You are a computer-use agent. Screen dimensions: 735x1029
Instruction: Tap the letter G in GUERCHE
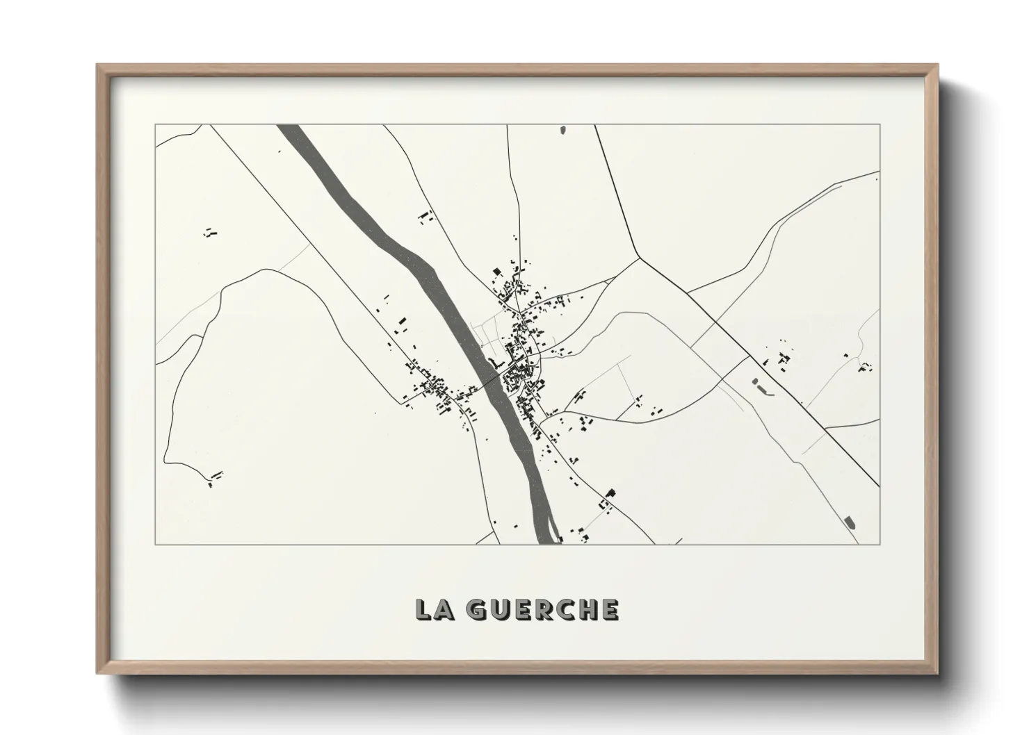(x=476, y=609)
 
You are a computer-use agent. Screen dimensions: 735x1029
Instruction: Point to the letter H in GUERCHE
(x=588, y=609)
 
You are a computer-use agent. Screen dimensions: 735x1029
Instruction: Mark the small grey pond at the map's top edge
(x=563, y=129)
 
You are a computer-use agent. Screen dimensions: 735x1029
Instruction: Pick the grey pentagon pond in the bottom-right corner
(x=848, y=521)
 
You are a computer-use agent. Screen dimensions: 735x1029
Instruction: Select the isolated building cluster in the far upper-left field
(x=210, y=233)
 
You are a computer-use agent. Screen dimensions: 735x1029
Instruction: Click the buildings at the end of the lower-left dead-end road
(x=214, y=479)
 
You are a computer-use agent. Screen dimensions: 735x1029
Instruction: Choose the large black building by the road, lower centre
(x=610, y=493)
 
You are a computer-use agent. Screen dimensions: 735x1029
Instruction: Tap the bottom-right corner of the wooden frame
(x=937, y=672)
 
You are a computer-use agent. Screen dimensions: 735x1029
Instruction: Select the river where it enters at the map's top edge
(x=290, y=127)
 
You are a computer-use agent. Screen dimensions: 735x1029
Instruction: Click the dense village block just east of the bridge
(x=518, y=379)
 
